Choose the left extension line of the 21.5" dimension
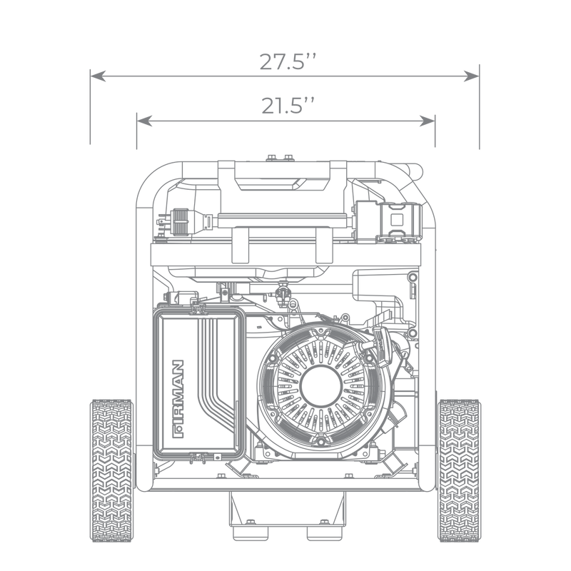click(135, 132)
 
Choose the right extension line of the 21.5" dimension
click(435, 132)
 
